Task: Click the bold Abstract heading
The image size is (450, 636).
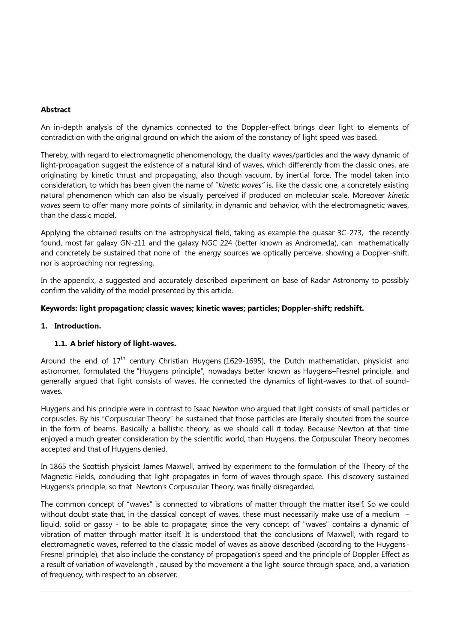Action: pos(55,110)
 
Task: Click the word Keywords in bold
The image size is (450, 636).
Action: pos(59,309)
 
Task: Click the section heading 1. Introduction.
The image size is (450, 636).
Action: pos(71,326)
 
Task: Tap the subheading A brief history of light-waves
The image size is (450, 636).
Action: pos(123,344)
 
